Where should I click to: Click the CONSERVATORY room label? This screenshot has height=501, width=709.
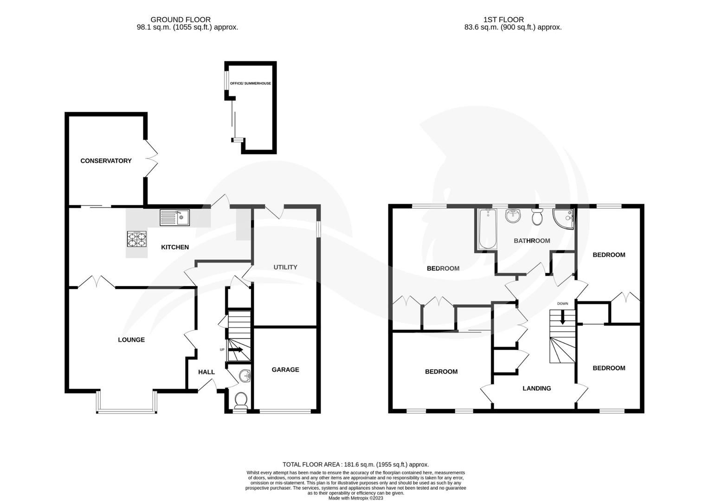coord(106,161)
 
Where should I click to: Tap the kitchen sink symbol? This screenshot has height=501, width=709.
coord(174,218)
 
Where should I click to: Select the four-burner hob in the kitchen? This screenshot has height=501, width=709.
coord(136,239)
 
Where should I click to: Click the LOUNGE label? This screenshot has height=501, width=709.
coord(131,340)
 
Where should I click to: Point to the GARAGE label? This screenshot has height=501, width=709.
coord(285,370)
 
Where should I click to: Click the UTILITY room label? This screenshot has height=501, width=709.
coord(285,267)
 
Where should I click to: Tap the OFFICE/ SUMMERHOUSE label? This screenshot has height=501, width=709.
coord(251,83)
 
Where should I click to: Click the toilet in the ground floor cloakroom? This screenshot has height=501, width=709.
coord(241,399)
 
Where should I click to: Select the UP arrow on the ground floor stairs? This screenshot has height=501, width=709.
coord(236,350)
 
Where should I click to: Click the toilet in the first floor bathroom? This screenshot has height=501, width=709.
coord(537,217)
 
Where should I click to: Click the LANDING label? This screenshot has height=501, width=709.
coord(537,389)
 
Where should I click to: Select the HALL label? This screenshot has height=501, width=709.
coord(206,372)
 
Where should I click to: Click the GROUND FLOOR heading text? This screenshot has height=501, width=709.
coord(180,19)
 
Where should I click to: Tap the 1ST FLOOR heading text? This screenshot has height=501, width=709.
coord(503,19)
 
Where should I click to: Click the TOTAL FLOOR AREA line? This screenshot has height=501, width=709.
coord(355,464)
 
